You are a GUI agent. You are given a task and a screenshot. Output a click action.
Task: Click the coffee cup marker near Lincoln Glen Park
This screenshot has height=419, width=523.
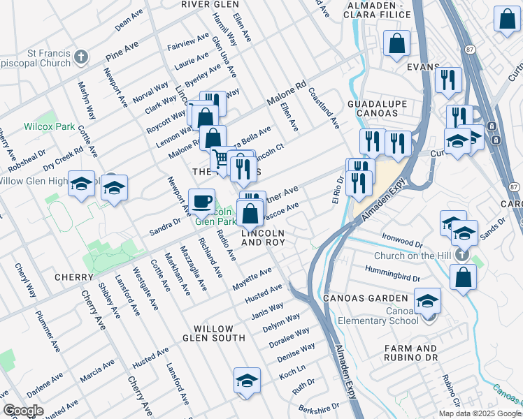(x=202, y=202)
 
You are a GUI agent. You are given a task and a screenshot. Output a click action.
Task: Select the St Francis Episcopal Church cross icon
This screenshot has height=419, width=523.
(x=81, y=57)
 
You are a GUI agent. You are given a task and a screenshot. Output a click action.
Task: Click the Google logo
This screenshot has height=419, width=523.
(x=24, y=411)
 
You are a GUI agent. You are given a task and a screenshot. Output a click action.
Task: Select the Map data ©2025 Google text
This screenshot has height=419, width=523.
(x=480, y=413)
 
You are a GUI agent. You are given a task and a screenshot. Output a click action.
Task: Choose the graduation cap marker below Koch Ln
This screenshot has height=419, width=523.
(x=247, y=381)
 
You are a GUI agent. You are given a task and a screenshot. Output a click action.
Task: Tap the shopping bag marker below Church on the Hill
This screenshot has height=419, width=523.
(x=463, y=277)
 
